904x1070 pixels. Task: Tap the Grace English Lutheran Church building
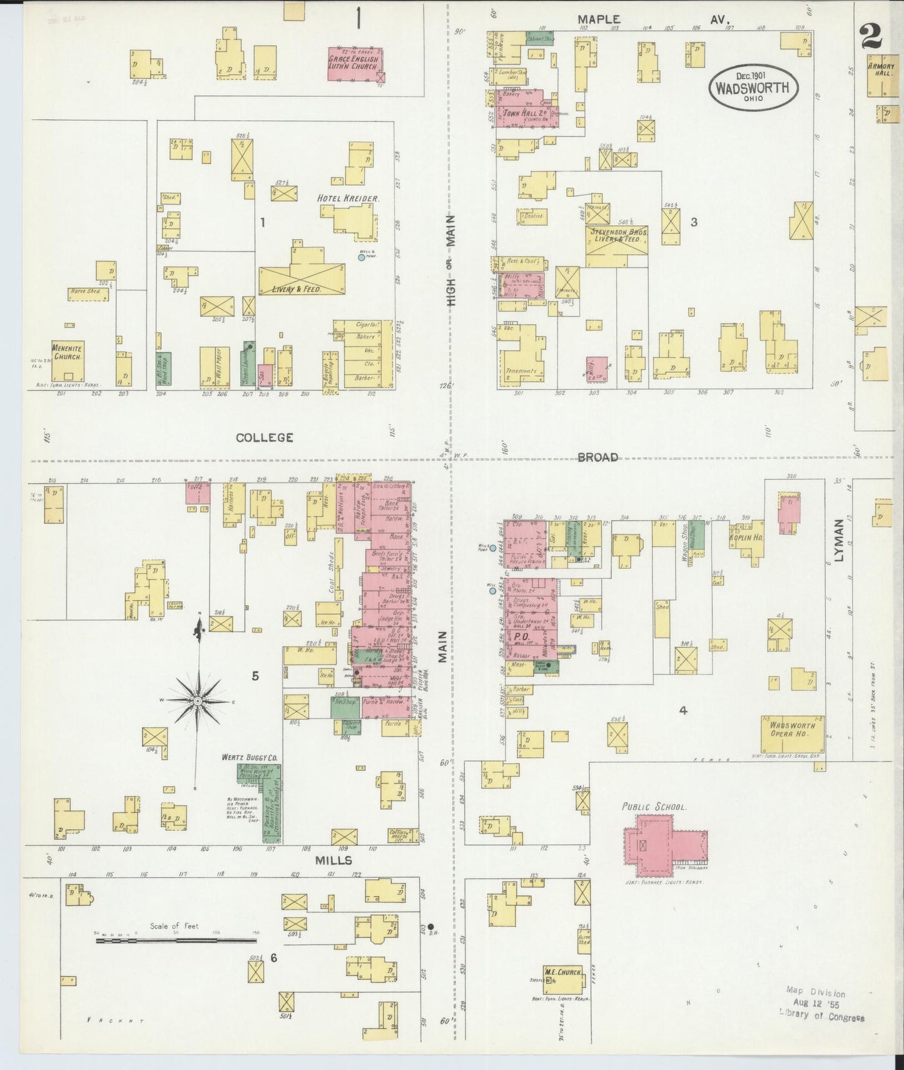click(x=356, y=63)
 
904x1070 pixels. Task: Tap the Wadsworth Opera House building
click(x=792, y=734)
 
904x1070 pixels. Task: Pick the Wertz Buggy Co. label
click(x=249, y=757)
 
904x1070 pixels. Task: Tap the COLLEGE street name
click(x=264, y=437)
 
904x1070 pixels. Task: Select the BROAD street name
click(x=598, y=457)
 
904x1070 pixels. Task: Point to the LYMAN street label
click(x=840, y=539)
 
